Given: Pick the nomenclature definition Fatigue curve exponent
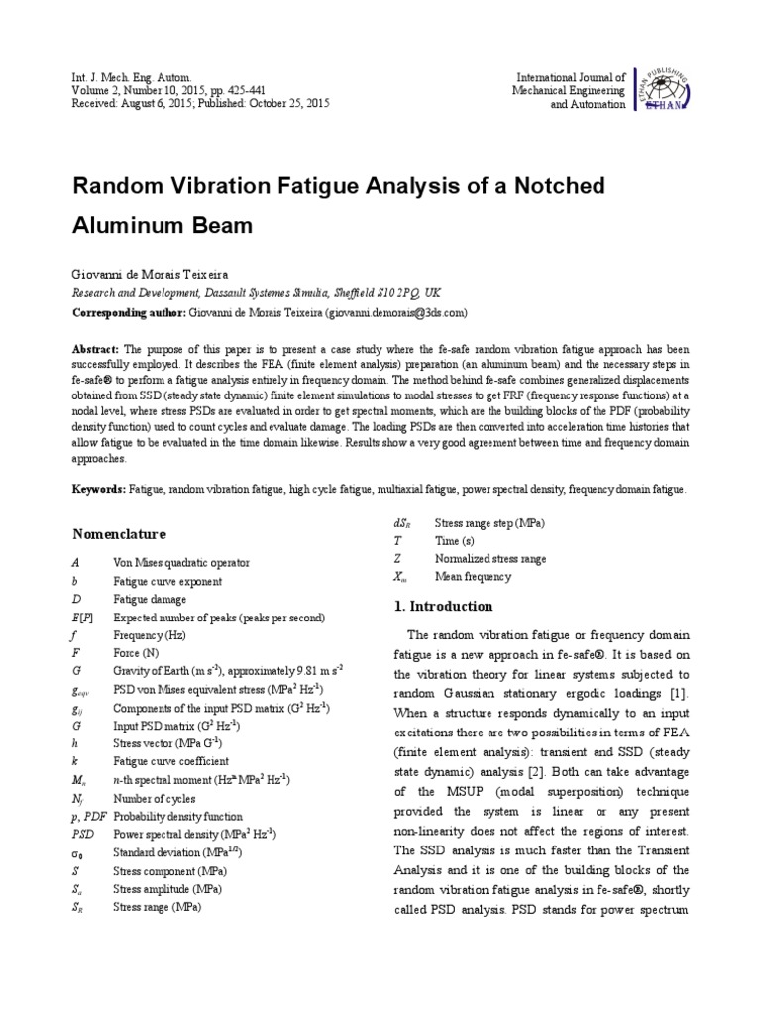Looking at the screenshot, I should click(x=167, y=581).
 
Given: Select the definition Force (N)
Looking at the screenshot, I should click(x=137, y=653).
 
